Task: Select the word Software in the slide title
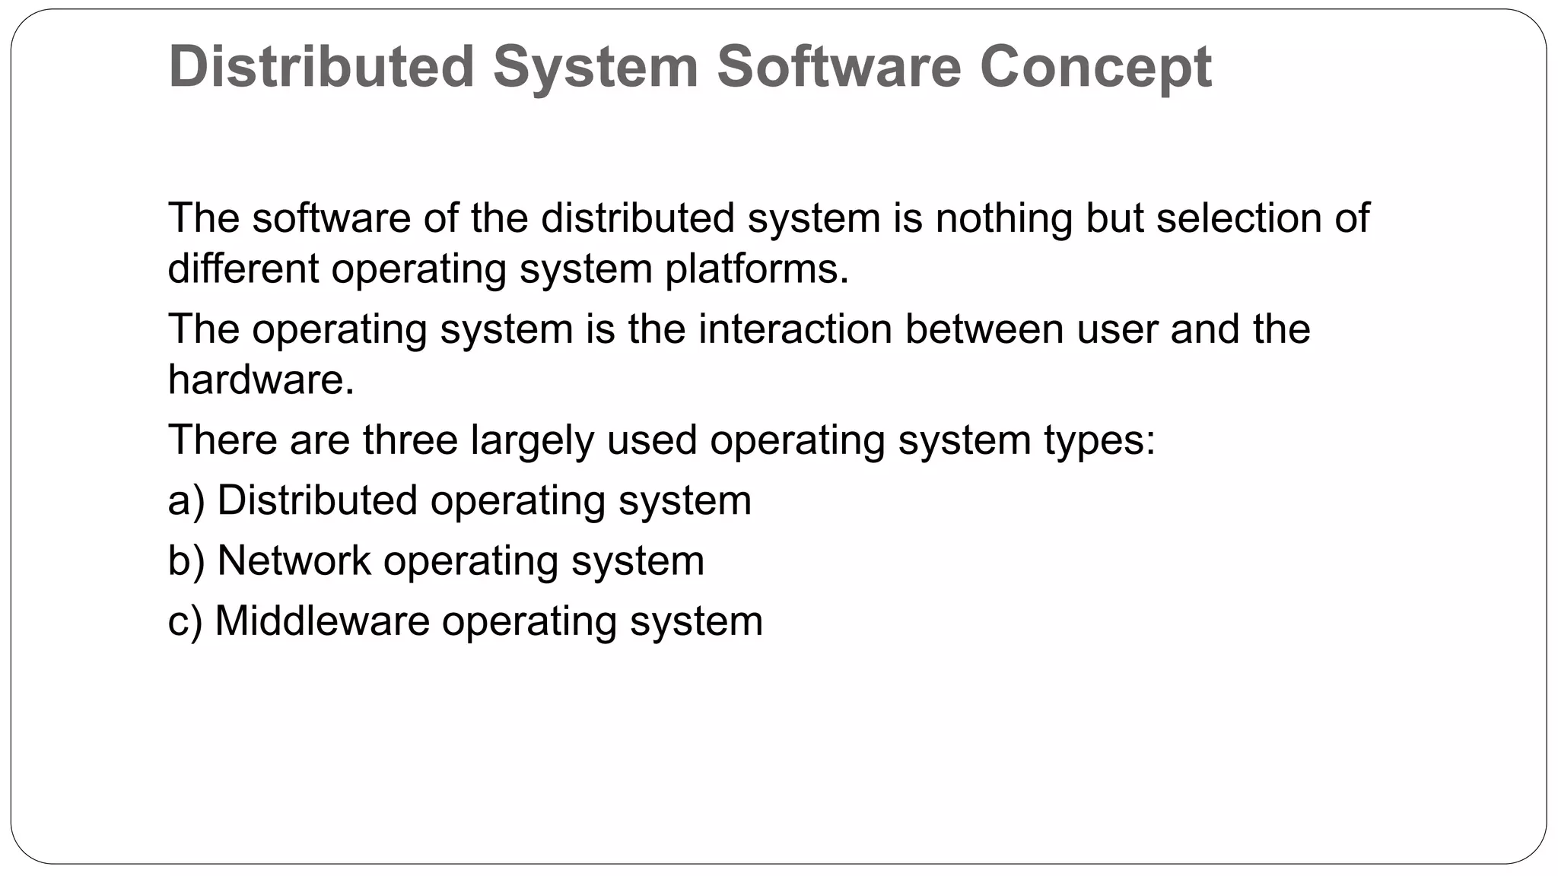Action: pos(839,67)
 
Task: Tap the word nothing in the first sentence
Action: pos(1003,218)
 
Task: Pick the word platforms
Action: pos(755,270)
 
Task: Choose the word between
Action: pos(984,329)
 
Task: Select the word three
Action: pos(410,440)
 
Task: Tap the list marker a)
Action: pos(186,501)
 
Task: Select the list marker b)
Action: pos(186,561)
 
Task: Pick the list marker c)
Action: pos(185,621)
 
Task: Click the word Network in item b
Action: pos(294,561)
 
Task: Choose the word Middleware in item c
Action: pos(323,620)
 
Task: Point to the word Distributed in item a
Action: pos(317,500)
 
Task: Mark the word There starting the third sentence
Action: pos(222,440)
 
